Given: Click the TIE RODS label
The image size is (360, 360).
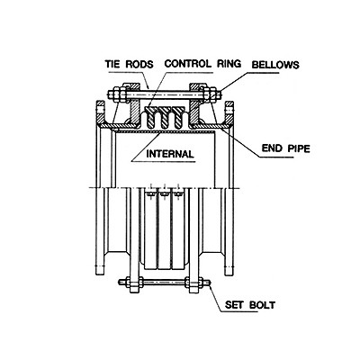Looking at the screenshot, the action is (129, 64).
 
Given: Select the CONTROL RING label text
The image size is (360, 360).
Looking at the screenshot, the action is (202, 64).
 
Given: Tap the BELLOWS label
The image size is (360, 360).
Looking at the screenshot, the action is (275, 65).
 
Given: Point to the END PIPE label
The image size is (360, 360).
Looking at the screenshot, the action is (285, 148).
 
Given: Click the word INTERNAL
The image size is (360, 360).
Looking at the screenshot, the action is (170, 154).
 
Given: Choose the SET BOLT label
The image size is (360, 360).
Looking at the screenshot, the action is (250, 305).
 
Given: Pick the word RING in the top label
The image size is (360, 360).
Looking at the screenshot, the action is (229, 64).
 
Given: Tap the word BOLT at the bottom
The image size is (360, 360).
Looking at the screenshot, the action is (262, 305).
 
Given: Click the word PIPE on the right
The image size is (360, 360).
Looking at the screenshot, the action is (299, 148).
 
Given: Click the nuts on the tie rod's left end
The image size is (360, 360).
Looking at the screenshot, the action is (117, 94).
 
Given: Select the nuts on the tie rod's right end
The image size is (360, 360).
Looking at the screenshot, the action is (211, 94).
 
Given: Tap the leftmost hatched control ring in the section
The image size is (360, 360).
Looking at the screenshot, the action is (150, 115).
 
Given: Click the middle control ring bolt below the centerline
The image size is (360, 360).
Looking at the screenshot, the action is (164, 194).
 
